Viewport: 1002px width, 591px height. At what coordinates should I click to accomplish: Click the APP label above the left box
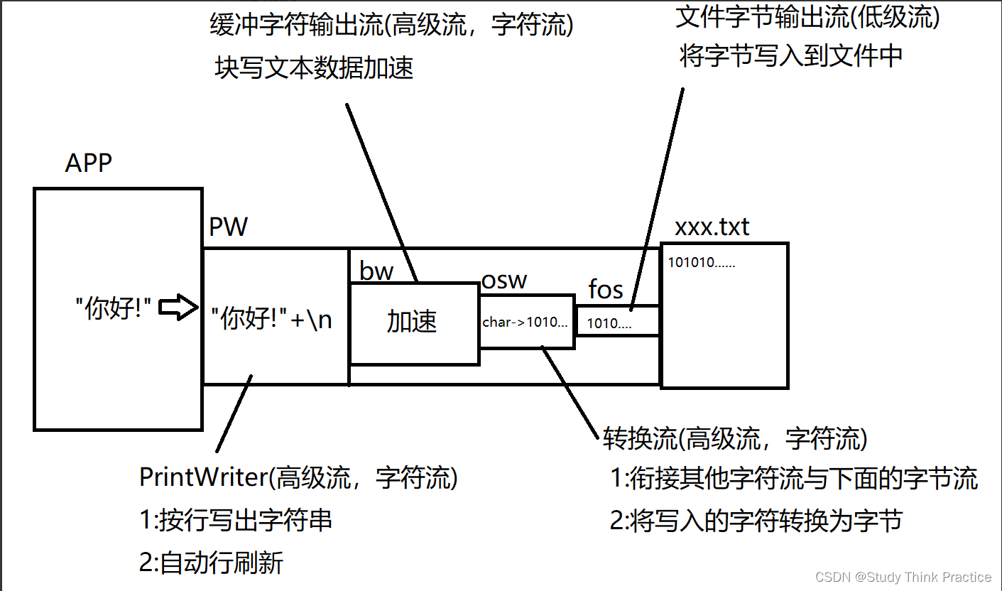[x=89, y=163]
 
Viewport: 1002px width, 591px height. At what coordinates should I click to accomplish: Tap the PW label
[x=229, y=227]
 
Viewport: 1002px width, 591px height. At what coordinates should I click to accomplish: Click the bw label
[x=376, y=271]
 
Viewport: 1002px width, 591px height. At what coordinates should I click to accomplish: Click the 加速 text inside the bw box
[x=412, y=322]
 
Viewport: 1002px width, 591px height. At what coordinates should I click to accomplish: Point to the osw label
[x=505, y=280]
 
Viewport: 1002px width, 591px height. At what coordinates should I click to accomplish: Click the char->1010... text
[x=525, y=322]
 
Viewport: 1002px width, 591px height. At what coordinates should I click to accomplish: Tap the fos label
[x=606, y=290]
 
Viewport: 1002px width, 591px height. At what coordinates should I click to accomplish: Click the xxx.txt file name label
[x=712, y=227]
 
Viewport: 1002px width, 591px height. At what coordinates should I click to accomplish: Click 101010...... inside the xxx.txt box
[x=702, y=263]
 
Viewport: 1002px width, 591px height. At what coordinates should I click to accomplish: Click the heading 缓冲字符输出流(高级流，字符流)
[x=392, y=26]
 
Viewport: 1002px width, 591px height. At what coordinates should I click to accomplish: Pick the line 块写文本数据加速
[x=314, y=68]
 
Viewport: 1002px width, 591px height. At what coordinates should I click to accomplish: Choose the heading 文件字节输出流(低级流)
[x=808, y=18]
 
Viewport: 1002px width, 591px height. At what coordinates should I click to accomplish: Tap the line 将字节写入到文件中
[x=791, y=55]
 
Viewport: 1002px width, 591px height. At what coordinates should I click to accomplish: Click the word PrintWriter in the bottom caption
[x=202, y=477]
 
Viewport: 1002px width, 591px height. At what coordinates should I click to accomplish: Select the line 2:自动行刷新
[x=212, y=563]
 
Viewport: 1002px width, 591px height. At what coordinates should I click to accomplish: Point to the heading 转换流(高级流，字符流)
[x=735, y=439]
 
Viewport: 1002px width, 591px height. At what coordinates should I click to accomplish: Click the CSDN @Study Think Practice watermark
[x=903, y=577]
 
